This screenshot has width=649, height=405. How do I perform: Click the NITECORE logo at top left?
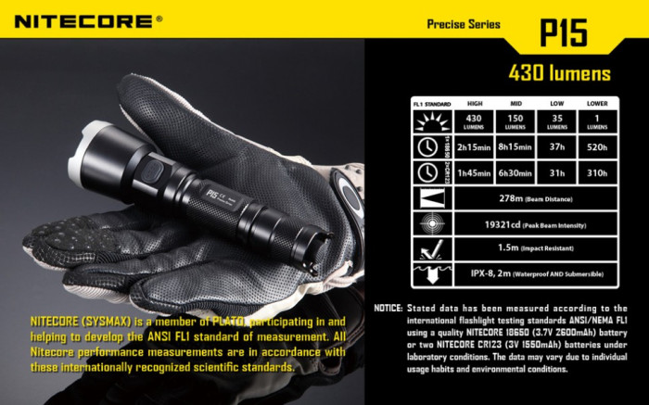(x=83, y=19)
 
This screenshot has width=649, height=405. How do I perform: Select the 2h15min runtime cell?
(x=475, y=146)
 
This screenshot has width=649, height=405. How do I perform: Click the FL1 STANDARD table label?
(x=431, y=105)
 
